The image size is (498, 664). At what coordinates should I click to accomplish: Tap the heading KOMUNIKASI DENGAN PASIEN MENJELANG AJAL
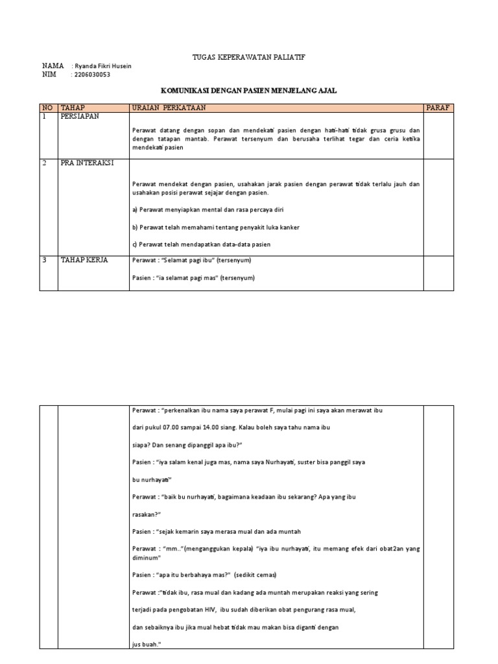click(x=248, y=92)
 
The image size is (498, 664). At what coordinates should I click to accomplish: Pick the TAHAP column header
click(x=73, y=107)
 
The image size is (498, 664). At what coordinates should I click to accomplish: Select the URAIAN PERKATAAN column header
click(x=169, y=107)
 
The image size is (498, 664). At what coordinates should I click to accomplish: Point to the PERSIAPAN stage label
click(x=82, y=116)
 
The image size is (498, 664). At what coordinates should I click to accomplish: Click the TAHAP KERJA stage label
click(x=84, y=260)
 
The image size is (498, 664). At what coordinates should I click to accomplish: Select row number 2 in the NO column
click(x=45, y=163)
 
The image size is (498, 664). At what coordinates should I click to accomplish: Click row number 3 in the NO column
click(x=45, y=260)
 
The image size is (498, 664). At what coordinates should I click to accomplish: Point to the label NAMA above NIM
click(x=53, y=66)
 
